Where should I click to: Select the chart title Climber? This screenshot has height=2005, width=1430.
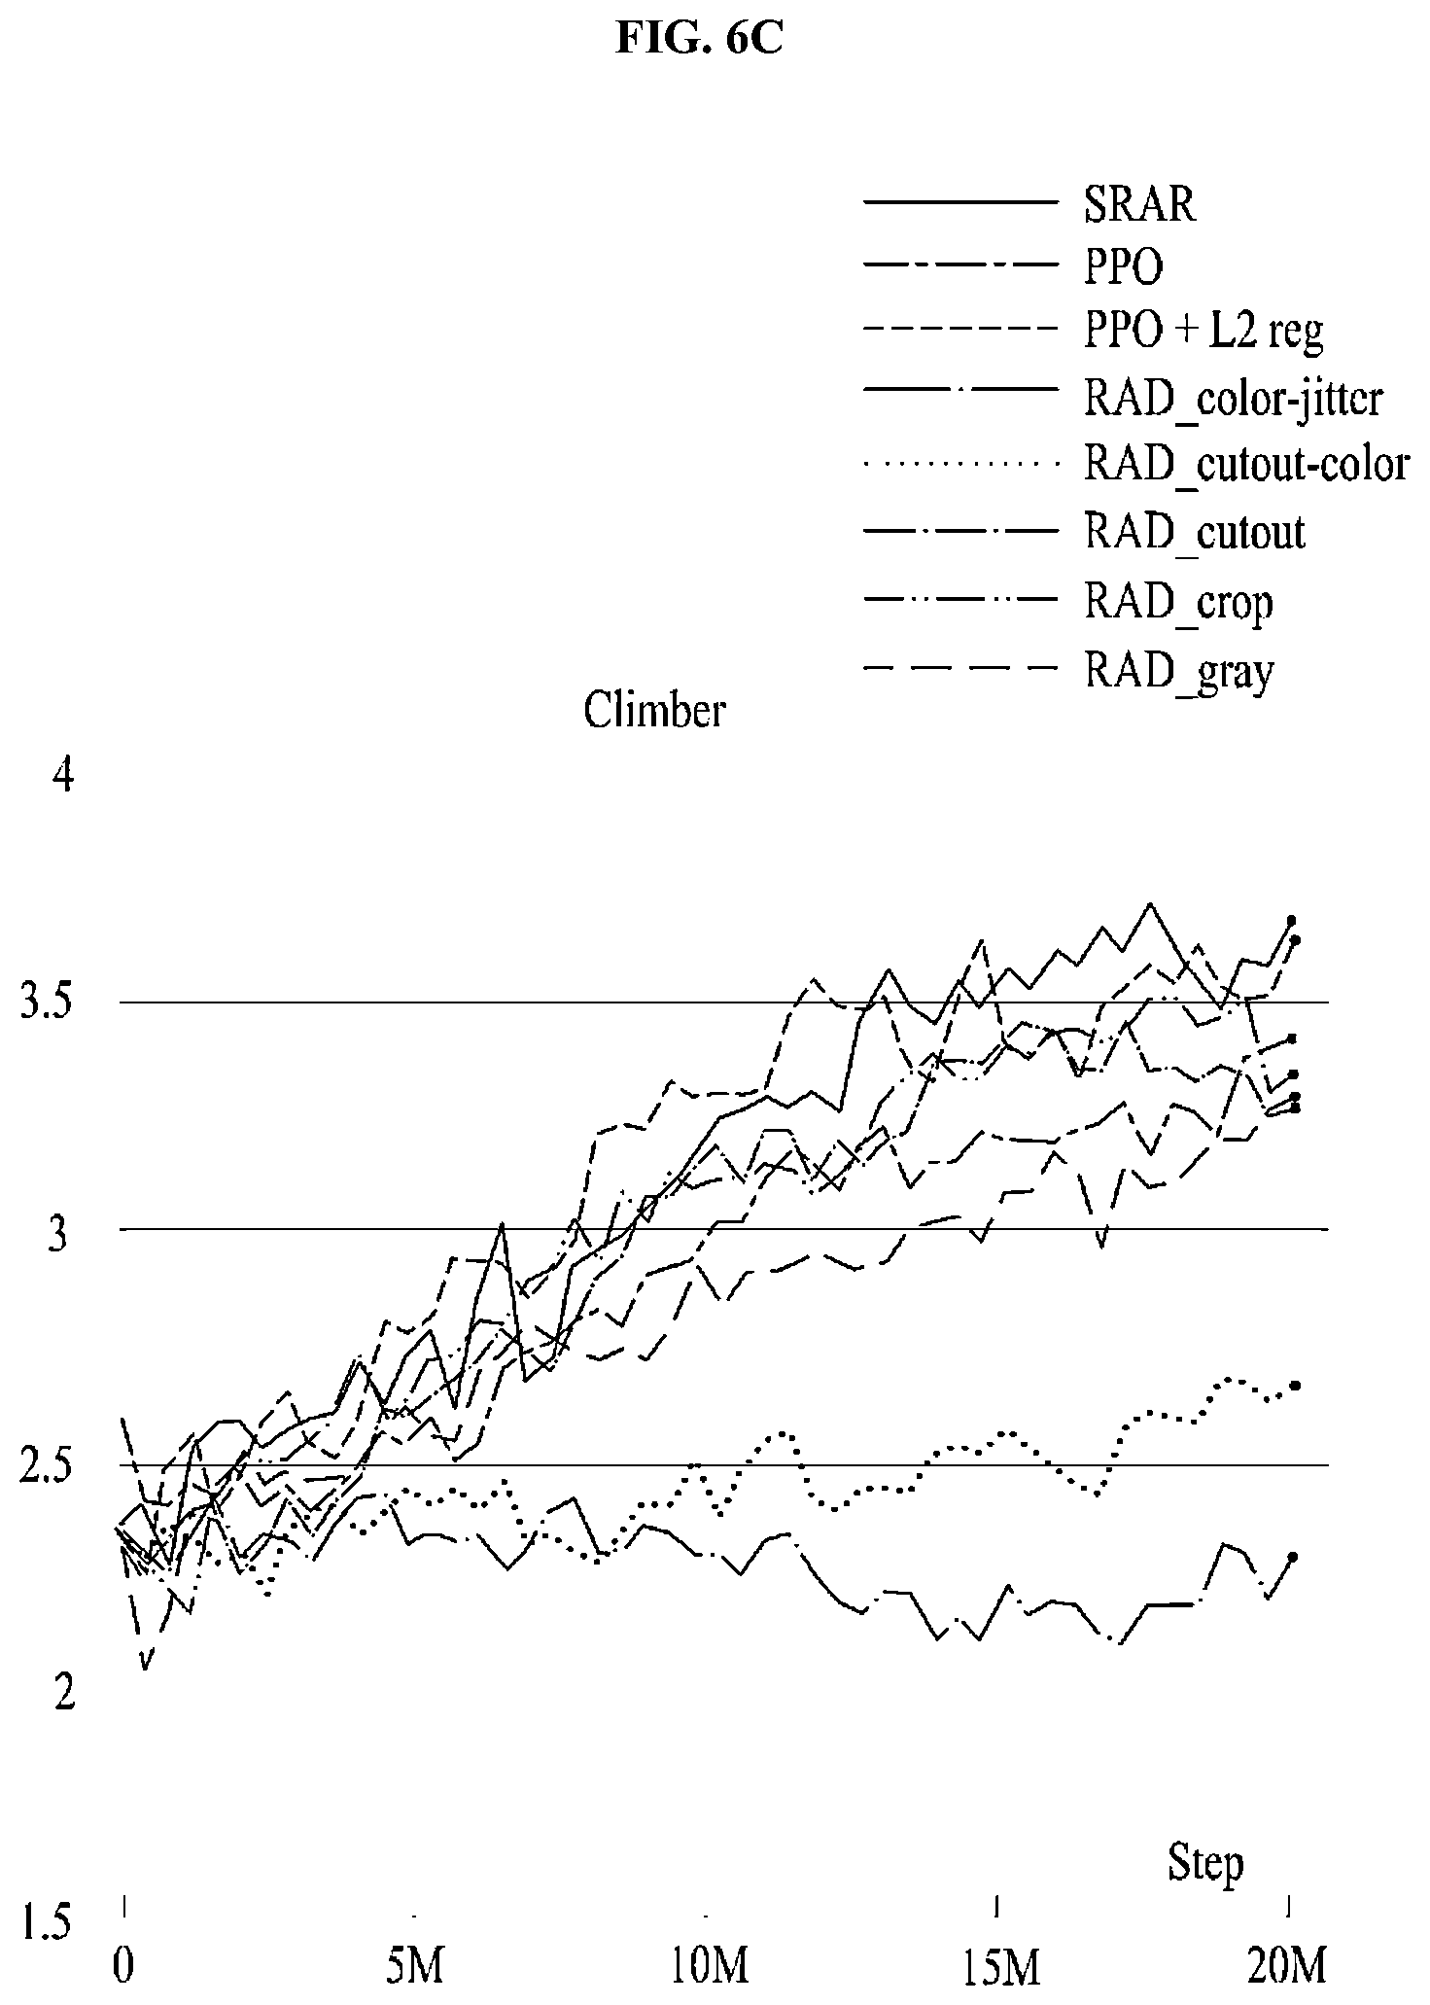(653, 711)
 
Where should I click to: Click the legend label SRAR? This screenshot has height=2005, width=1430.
(1139, 204)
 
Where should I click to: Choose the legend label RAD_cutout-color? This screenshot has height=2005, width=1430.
(1246, 465)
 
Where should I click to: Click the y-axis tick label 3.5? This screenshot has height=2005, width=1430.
(47, 1002)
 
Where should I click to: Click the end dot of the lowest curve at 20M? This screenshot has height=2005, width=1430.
(1293, 1557)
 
